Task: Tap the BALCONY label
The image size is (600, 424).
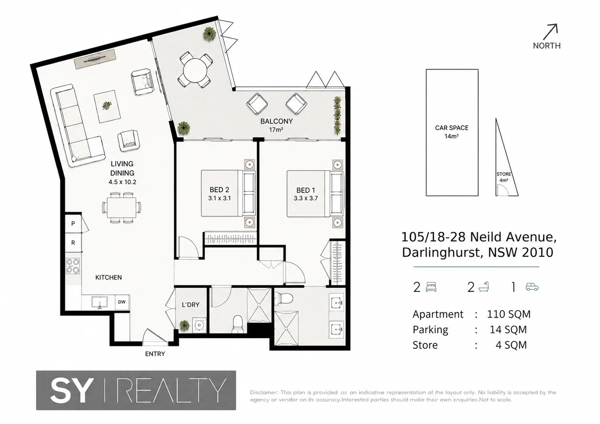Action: [276, 121]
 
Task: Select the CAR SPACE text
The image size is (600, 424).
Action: [452, 128]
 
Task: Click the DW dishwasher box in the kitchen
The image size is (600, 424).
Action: [122, 302]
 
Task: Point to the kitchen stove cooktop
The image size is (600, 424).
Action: [73, 266]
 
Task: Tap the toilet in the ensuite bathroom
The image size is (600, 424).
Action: [284, 297]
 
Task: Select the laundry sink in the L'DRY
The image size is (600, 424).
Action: [199, 325]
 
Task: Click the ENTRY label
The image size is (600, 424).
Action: [155, 354]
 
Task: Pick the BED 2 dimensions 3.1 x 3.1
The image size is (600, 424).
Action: [219, 198]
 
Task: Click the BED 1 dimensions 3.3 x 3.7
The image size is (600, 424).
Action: [305, 198]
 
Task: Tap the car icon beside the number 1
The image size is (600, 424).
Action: [532, 287]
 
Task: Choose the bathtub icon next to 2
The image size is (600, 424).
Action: [484, 287]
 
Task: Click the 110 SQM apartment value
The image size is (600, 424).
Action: [509, 314]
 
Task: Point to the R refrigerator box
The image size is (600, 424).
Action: [73, 242]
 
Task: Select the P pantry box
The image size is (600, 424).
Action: [73, 223]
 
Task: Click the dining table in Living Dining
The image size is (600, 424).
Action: [122, 208]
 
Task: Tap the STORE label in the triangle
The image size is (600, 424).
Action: [504, 174]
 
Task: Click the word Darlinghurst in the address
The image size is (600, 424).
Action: [443, 252]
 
